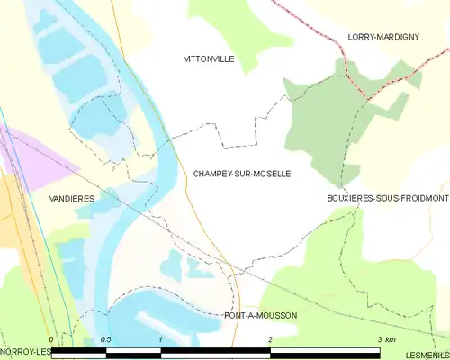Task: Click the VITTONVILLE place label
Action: click(x=208, y=58)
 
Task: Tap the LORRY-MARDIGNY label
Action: click(x=386, y=37)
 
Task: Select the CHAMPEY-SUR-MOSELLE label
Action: click(x=241, y=174)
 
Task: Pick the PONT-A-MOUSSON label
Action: click(x=260, y=316)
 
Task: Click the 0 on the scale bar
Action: click(x=52, y=339)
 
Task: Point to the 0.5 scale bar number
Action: click(x=105, y=339)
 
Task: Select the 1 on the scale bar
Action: click(x=160, y=339)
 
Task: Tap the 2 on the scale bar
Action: click(x=270, y=339)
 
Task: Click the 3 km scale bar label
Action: click(x=385, y=339)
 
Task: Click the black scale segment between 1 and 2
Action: click(x=215, y=351)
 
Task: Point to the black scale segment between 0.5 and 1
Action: click(x=133, y=351)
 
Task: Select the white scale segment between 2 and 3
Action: click(x=325, y=351)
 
